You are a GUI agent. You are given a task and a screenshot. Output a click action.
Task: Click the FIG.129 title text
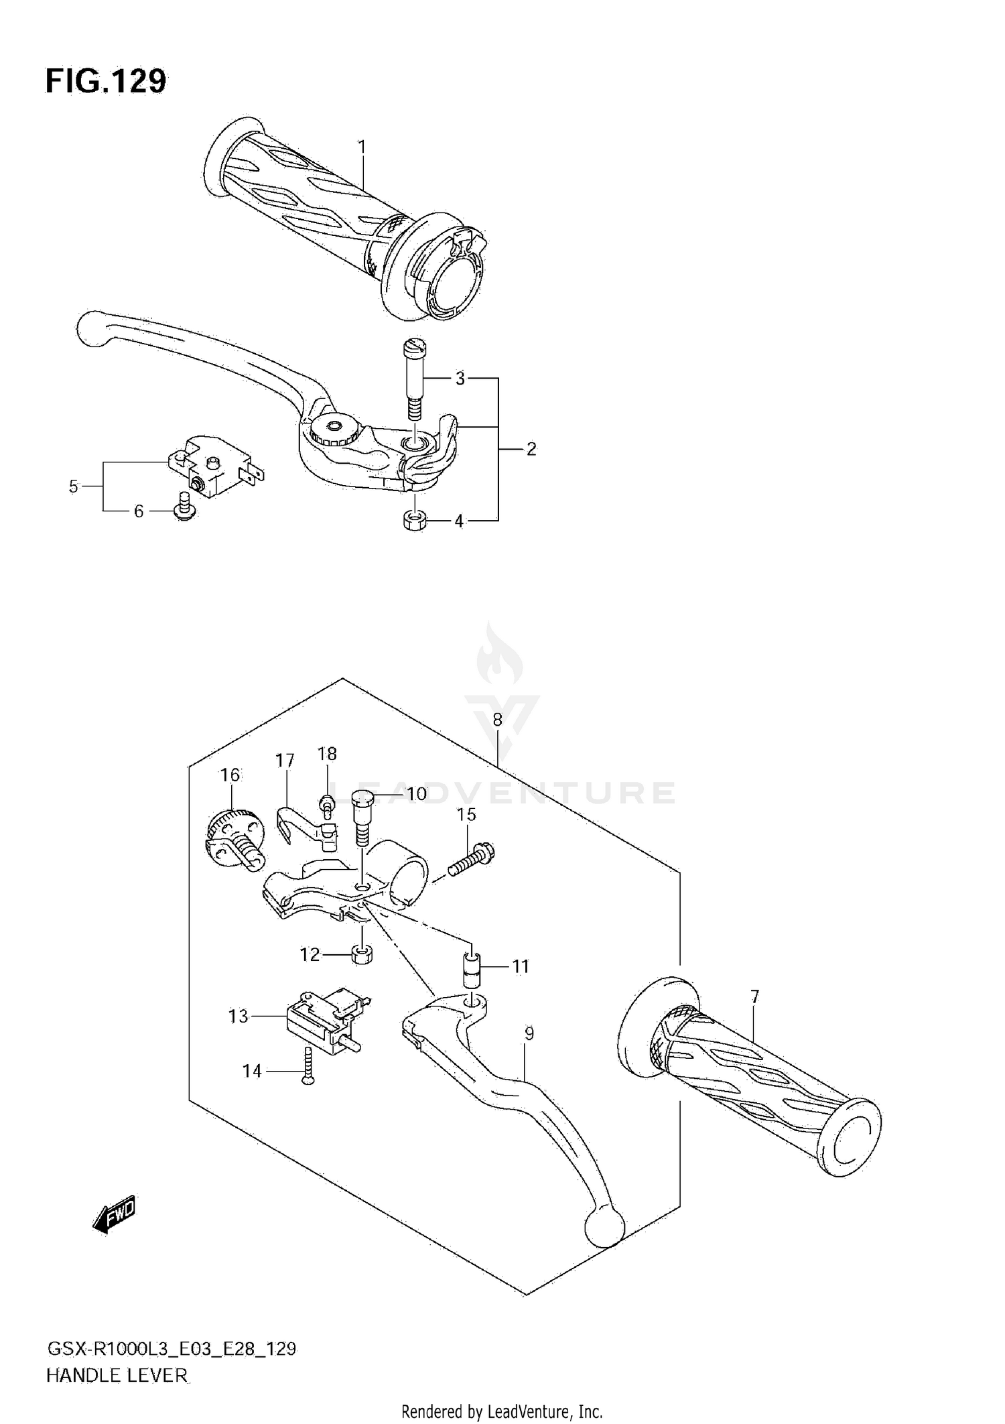(x=106, y=82)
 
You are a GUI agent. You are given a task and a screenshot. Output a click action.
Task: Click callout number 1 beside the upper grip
(x=362, y=146)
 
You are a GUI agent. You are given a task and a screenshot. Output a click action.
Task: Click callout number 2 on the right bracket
(x=531, y=449)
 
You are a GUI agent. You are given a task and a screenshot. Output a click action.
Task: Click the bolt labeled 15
(x=473, y=860)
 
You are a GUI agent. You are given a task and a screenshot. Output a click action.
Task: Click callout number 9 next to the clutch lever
(x=529, y=1034)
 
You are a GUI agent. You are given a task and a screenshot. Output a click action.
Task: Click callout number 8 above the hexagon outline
(x=497, y=720)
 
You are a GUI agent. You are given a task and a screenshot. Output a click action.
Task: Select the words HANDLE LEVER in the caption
(x=117, y=1376)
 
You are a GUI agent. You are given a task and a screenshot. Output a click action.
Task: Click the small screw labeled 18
(x=328, y=803)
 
